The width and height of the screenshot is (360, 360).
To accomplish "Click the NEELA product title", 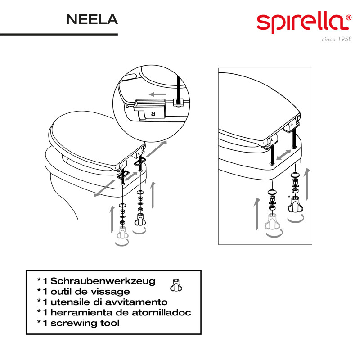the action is (92, 19).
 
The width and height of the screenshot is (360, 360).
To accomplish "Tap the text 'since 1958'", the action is (337, 40).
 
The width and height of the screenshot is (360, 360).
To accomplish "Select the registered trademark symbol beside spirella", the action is (348, 18).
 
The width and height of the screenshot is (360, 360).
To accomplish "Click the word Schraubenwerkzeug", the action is (103, 281).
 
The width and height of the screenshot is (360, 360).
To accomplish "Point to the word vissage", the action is (110, 292).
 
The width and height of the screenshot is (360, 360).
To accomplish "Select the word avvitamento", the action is (132, 302).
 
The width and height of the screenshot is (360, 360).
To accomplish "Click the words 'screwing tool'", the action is (85, 323).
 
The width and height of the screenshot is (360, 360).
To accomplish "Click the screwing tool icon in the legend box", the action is (176, 285).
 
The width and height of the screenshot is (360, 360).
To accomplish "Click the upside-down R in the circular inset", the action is (153, 113).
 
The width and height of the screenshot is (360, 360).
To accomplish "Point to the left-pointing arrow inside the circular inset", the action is (157, 94).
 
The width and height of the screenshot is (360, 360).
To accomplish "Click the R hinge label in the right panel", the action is (292, 125).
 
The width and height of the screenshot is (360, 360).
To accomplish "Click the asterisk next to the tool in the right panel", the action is (289, 197).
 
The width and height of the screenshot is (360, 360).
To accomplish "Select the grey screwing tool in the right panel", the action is (272, 221).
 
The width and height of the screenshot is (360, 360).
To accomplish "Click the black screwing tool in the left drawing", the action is (140, 220).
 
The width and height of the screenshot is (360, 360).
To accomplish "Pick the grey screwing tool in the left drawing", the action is (122, 232).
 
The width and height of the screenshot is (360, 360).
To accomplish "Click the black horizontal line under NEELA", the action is (59, 35).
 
